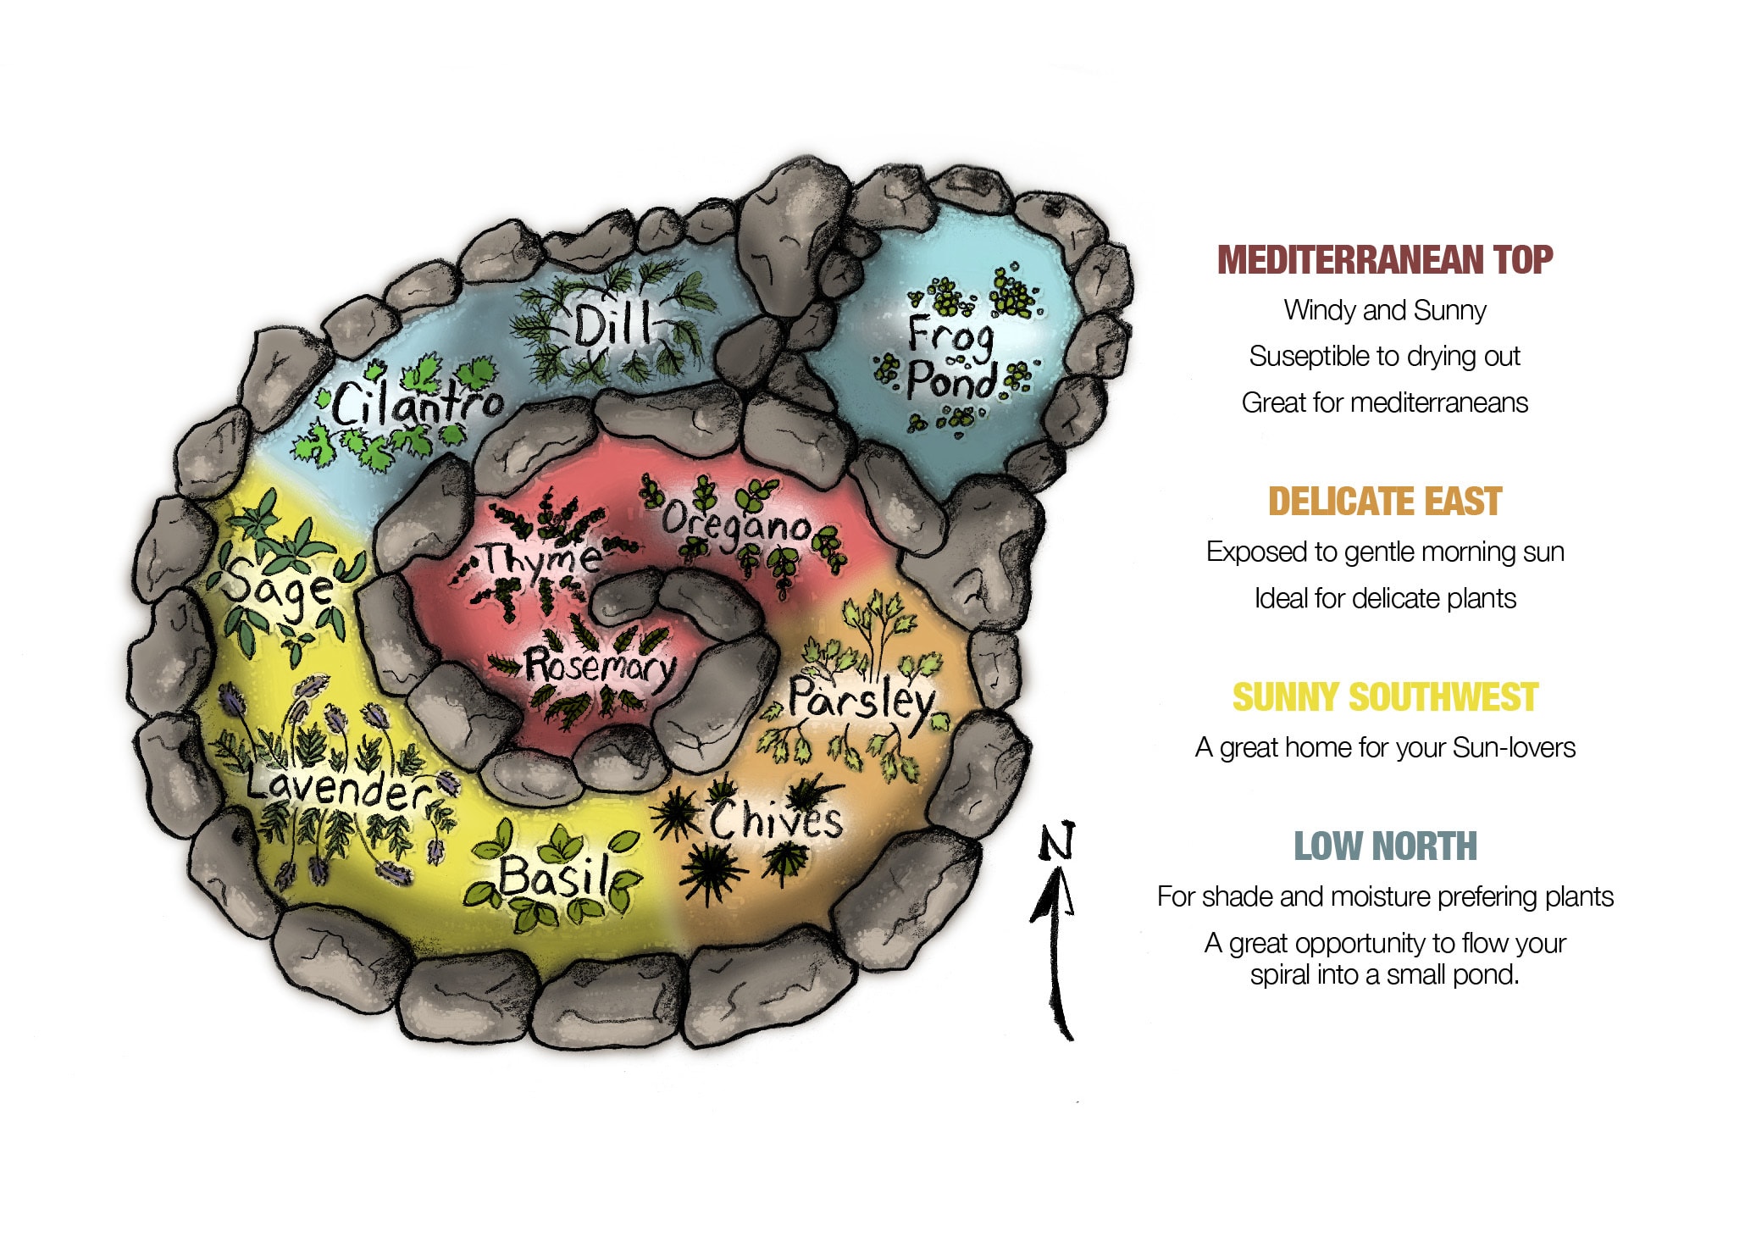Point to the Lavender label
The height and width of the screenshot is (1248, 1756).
339,786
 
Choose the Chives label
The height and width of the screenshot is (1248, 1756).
776,818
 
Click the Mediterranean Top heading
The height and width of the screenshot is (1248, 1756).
1385,260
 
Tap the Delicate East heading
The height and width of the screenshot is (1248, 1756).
1385,502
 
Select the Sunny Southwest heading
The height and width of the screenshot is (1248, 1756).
1385,697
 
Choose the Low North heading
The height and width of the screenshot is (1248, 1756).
1385,846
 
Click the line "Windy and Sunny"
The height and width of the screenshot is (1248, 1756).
1385,310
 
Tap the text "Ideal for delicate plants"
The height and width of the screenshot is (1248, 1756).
1385,599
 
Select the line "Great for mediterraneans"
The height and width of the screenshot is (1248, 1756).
1385,402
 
